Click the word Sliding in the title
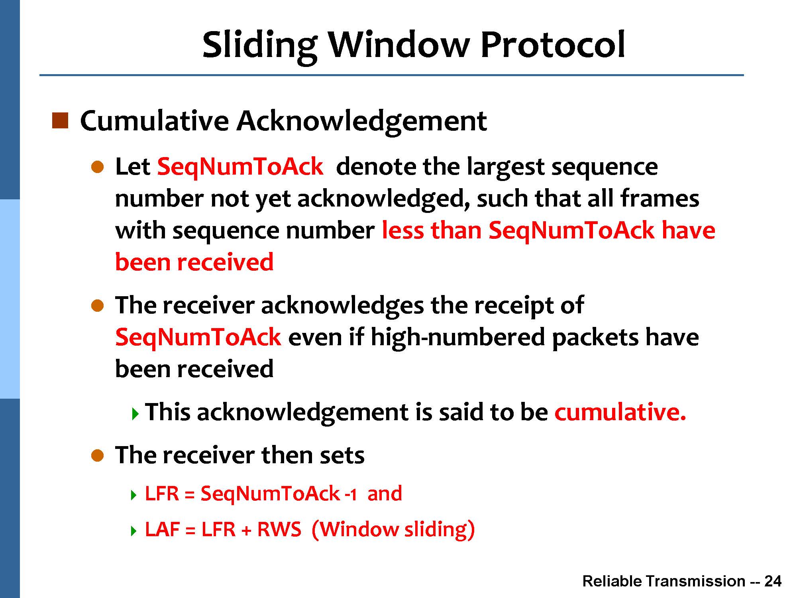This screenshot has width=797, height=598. (x=259, y=46)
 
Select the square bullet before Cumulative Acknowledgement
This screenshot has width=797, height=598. (x=60, y=121)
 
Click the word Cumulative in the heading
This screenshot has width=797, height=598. (x=155, y=120)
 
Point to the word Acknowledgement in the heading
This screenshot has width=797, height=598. (x=362, y=122)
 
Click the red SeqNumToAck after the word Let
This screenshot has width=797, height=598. (x=240, y=167)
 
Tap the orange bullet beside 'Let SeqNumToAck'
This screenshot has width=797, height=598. (x=97, y=167)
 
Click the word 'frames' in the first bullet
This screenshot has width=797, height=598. (x=660, y=199)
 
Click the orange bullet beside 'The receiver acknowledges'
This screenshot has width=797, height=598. (x=97, y=306)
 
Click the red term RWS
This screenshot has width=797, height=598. (x=279, y=530)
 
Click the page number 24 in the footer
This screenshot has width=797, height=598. (x=773, y=581)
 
